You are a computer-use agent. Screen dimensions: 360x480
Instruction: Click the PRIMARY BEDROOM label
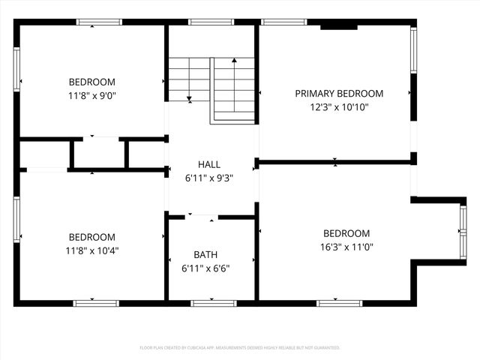point(339,94)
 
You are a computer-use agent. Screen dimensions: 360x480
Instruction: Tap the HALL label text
point(209,164)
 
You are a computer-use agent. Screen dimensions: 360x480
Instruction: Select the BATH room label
point(205,254)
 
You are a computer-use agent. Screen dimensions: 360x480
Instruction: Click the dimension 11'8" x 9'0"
point(92,95)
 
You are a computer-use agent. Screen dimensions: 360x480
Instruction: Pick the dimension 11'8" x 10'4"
point(92,250)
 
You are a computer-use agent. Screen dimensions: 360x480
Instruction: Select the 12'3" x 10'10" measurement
point(339,107)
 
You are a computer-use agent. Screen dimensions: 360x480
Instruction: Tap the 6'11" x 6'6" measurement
point(205,267)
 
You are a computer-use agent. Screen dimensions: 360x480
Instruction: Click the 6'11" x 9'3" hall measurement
point(209,178)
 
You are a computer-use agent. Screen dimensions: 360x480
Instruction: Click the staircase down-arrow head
point(190,98)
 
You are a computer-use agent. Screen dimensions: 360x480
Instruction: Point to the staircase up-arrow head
point(234,61)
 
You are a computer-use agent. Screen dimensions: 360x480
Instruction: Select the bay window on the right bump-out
point(463,231)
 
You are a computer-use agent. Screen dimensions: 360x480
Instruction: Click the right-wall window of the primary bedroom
point(412,50)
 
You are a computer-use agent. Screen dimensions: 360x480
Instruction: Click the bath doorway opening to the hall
point(202,217)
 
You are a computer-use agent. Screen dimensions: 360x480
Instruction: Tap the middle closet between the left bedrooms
point(99,154)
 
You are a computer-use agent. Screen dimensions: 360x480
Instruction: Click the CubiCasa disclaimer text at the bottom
point(240,348)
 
